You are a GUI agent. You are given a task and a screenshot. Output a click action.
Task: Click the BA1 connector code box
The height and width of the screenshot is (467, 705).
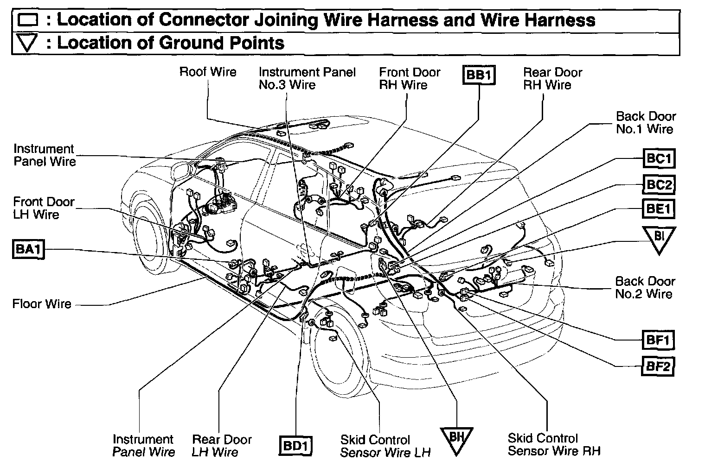coord(28,250)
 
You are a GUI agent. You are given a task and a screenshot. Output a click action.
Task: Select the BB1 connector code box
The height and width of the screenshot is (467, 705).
coord(479,76)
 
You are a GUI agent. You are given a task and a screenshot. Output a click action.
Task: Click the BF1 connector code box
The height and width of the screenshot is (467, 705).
coord(658,341)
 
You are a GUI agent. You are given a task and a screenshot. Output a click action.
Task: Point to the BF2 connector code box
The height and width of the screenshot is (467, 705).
coord(658,366)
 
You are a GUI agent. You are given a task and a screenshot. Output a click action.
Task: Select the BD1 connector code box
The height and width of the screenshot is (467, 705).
coord(296,446)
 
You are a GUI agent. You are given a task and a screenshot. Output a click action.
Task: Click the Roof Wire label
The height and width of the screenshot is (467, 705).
coord(208,72)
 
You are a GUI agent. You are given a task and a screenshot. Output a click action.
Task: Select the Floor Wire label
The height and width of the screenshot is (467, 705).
coord(42,304)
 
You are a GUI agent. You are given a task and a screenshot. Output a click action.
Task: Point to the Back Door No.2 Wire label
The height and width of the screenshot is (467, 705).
coord(645,287)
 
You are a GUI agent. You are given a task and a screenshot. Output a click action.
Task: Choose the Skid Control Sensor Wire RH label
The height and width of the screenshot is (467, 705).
coord(554,445)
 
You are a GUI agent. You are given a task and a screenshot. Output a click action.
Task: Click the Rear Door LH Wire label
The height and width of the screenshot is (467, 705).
coord(222,446)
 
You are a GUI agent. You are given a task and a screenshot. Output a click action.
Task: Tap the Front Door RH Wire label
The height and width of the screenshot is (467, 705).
coord(409,78)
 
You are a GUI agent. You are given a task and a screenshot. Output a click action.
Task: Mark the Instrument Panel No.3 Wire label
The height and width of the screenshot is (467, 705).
coord(307,78)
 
